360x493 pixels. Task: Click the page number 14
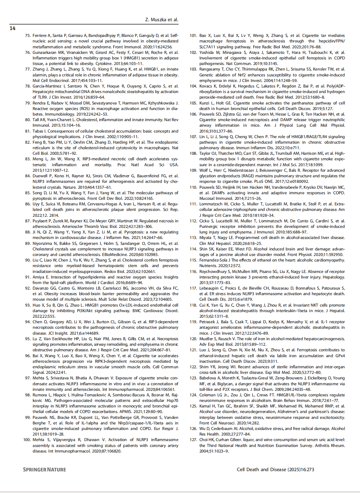[x=12, y=28]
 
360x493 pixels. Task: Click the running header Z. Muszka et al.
[x=162, y=20]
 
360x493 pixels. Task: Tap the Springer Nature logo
[x=44, y=469]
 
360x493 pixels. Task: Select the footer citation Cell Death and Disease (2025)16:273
[x=275, y=469]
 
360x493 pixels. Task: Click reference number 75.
[x=28, y=36]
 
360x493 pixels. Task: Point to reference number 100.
[x=27, y=440]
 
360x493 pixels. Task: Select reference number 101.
[x=193, y=36]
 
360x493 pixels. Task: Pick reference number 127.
[x=193, y=440]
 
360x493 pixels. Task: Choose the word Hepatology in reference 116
[x=334, y=277]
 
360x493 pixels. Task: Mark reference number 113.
[x=193, y=238]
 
